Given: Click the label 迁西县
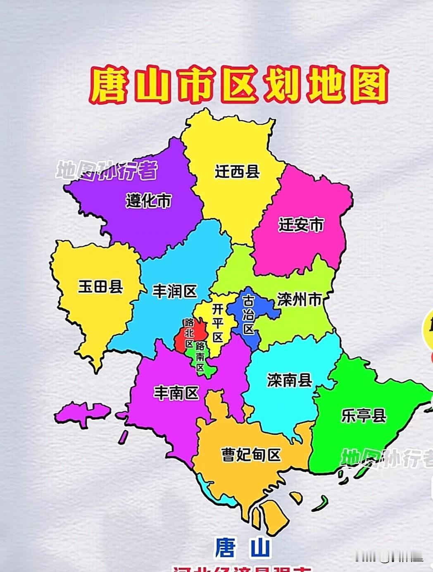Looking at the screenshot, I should coord(237,172).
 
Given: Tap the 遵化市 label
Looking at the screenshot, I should coord(148,201).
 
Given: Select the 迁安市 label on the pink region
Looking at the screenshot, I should coord(301,225).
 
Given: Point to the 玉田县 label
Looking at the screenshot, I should coord(100,286).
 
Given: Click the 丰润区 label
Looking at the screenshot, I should coord(175,291).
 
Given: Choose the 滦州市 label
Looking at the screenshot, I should coord(299,300).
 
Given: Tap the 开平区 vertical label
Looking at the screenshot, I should coord(218,323).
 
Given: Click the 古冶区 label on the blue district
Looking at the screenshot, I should coord(248,315).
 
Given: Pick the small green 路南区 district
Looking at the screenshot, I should coord(200,358).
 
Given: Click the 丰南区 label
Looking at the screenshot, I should coord(176,393).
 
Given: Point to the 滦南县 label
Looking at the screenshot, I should coord(289,380).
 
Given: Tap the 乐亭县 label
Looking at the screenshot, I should coord(364,415).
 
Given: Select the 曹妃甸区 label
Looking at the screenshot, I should coord(251,455).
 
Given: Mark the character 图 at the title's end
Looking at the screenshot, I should coord(369,86).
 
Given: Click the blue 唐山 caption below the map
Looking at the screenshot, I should coord(242,548).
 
